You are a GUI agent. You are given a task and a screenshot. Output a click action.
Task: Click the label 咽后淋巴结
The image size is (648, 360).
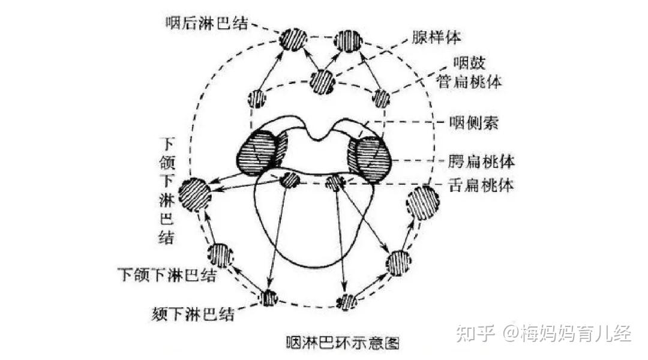208,23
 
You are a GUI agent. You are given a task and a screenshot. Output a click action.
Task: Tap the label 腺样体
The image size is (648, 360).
436,37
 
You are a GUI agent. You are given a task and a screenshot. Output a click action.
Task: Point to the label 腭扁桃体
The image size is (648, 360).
482,161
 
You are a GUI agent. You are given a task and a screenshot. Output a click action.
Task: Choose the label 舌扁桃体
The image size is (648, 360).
482,185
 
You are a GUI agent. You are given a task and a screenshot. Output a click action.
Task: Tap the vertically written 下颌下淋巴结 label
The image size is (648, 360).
169,191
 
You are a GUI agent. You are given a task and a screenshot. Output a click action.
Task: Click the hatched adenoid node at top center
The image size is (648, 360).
322,81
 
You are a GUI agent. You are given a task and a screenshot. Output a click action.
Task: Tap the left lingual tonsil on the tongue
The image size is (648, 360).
290,179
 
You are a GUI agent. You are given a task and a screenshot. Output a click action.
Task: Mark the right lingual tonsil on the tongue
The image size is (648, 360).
334,182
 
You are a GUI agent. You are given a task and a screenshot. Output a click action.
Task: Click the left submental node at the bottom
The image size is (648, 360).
269,298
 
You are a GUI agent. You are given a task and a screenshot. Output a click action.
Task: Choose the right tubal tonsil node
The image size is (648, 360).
382,97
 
